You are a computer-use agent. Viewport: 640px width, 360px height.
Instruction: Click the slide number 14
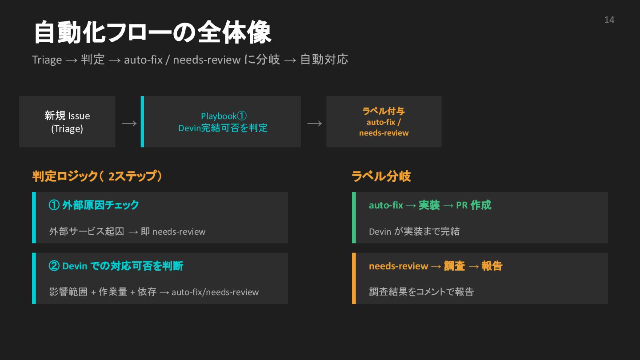pos(609,20)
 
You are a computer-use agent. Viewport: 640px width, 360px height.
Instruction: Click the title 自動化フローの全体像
pos(152,33)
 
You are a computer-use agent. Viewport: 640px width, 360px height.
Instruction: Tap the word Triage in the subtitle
pos(47,60)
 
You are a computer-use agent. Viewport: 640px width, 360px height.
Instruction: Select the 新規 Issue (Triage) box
pos(67,122)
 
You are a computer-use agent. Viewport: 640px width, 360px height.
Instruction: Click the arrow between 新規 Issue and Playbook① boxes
pos(129,123)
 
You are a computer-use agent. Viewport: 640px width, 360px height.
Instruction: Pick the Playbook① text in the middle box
pos(223,116)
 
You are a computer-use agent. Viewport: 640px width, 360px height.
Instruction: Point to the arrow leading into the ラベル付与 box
pos(314,123)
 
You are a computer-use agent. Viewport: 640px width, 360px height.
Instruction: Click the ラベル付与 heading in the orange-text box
pos(384,111)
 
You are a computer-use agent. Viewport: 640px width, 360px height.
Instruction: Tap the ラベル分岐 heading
pos(381,176)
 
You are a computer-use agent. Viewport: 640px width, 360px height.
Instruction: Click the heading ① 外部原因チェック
pos(94,205)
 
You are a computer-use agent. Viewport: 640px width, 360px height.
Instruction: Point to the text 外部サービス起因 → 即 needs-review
pos(127,232)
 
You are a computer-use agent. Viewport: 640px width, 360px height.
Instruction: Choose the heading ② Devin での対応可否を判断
pos(116,266)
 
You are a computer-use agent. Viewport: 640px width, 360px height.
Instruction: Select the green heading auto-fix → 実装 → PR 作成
pos(430,205)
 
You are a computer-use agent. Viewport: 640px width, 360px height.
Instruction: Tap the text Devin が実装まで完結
pos(414,232)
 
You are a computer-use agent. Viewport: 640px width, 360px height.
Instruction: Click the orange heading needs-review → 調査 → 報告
pos(435,266)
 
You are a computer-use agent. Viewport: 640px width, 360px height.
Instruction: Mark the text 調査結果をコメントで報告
pos(421,292)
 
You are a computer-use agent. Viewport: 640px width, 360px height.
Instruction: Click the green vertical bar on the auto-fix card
pos(354,218)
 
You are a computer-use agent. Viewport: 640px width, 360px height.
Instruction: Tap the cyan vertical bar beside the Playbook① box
pos(142,122)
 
